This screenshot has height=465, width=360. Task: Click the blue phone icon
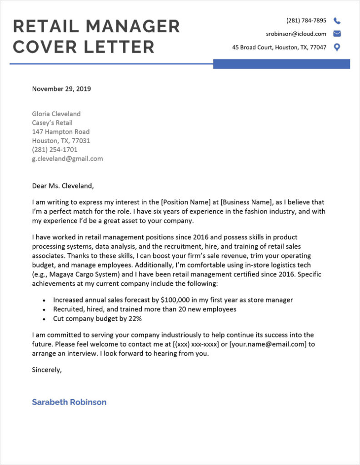337,20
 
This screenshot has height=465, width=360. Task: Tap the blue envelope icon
337,34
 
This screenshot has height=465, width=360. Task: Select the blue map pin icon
337,47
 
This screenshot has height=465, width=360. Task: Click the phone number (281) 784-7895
306,20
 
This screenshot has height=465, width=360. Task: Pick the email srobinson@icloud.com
296,34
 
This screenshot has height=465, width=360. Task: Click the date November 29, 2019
61,89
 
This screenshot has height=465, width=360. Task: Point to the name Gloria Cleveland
56,114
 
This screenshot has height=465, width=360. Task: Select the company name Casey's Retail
52,123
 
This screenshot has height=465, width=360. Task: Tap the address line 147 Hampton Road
60,132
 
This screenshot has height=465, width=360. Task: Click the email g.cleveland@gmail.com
67,158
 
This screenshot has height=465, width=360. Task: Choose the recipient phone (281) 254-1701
55,149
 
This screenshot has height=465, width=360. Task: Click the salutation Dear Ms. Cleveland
63,185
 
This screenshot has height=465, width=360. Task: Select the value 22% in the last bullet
135,318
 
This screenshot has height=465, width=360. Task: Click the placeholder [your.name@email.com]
268,344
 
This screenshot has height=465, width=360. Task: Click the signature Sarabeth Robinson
69,402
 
